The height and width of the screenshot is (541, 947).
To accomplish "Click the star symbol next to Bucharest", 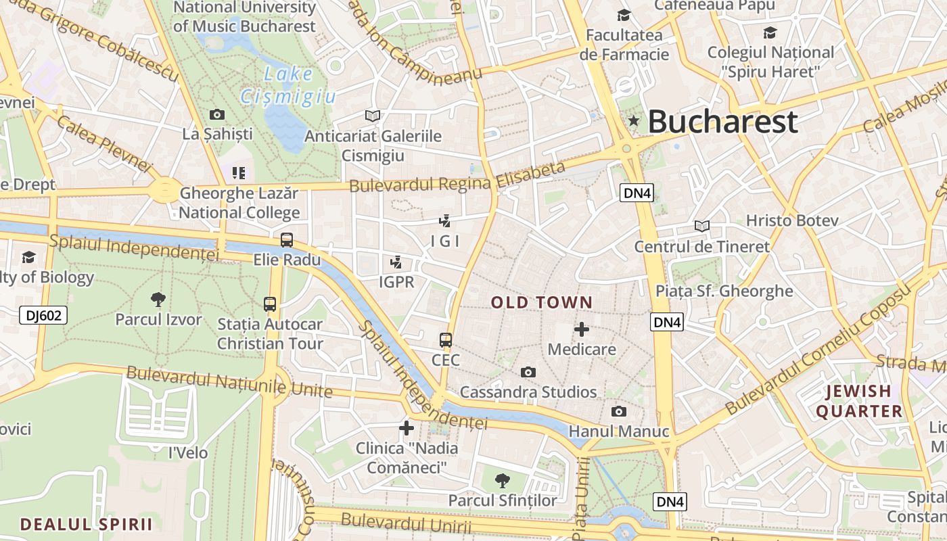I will [634, 121].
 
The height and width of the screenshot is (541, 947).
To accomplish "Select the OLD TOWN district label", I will [542, 302].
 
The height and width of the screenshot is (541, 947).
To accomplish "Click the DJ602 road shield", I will [44, 314].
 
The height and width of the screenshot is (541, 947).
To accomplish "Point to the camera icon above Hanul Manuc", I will [618, 411].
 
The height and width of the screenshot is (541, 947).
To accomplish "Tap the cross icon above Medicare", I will [581, 329].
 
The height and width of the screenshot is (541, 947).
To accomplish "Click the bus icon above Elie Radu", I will [287, 239].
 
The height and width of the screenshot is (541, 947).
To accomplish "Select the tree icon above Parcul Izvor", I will [158, 299].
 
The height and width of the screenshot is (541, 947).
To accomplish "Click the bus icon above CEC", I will [445, 339].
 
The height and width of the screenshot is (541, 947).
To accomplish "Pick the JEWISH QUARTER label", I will [859, 401].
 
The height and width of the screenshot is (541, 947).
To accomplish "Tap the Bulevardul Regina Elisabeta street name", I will [457, 177].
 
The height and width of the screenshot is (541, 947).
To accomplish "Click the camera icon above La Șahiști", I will [217, 114].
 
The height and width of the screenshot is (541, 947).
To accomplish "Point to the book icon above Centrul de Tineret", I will [702, 226].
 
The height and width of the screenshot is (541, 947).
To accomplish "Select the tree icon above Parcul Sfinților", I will [502, 481].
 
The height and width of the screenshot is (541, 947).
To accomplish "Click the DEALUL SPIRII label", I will [86, 524].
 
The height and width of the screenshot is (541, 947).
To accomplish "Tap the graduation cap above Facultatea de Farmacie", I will [623, 15].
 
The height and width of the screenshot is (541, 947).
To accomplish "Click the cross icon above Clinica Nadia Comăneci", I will [406, 427].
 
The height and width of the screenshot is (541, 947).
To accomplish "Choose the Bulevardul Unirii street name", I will [406, 523].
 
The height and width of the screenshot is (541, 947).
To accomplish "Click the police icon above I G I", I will [444, 220].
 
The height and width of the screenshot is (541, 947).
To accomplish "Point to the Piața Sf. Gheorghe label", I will [724, 291].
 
